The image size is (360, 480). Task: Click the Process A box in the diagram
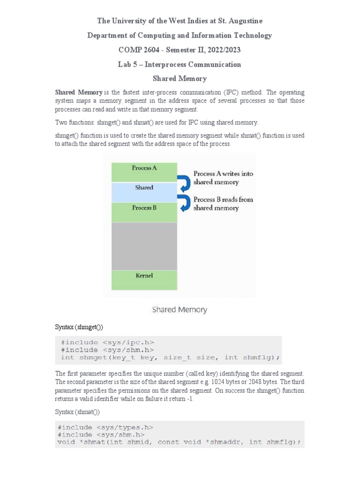[x=144, y=172]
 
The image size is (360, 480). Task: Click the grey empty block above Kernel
[x=144, y=246]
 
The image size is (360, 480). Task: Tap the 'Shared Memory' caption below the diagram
[x=180, y=310]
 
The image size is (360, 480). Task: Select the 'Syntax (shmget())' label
[x=79, y=327]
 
